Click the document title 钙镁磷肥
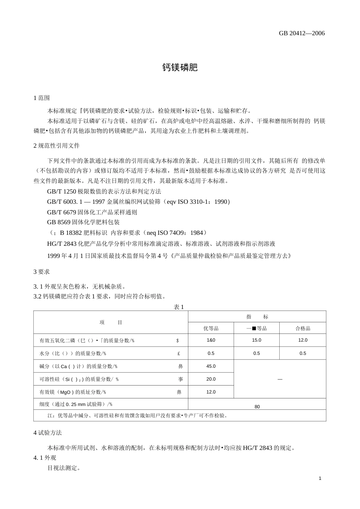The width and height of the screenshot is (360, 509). (180, 67)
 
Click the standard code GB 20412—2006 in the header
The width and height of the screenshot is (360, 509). (302, 33)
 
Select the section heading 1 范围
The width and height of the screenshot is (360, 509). (42, 98)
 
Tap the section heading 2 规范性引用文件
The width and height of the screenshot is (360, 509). (56, 146)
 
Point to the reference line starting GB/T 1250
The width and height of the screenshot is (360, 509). (104, 191)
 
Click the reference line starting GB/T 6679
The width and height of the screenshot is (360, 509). (92, 212)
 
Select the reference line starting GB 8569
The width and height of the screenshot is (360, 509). (83, 222)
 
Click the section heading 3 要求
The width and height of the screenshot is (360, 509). (42, 272)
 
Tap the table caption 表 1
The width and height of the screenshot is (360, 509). (179, 307)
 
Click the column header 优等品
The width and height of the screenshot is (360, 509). (211, 328)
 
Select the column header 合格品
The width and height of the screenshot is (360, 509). (303, 328)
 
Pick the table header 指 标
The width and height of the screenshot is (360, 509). (257, 317)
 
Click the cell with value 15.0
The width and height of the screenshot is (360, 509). (257, 340)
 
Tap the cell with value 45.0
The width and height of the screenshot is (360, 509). (211, 366)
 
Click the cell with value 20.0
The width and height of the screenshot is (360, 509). (211, 379)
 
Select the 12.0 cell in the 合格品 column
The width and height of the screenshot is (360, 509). (303, 340)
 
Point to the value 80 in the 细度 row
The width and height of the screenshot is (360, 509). (257, 407)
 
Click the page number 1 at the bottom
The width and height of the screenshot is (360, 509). (320, 478)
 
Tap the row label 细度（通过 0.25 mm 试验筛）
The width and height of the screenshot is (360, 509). (76, 404)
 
